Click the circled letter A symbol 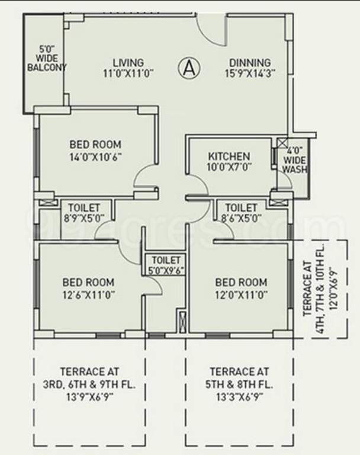coord(188,68)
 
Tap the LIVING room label coord(128,63)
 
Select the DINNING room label coord(250,63)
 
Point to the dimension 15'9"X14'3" coord(250,74)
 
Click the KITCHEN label coord(229,156)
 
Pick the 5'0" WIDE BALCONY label coord(47,59)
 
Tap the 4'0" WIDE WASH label coord(294,160)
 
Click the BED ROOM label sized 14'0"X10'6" coord(95,144)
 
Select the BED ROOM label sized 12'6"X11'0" coord(88,283)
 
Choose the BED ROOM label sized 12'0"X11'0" coord(240,283)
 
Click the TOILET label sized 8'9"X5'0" coord(83,208)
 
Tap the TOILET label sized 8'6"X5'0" coord(241,208)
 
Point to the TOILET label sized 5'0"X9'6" coord(166,260)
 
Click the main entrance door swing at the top coord(210,30)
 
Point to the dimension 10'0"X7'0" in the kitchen coord(229,167)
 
